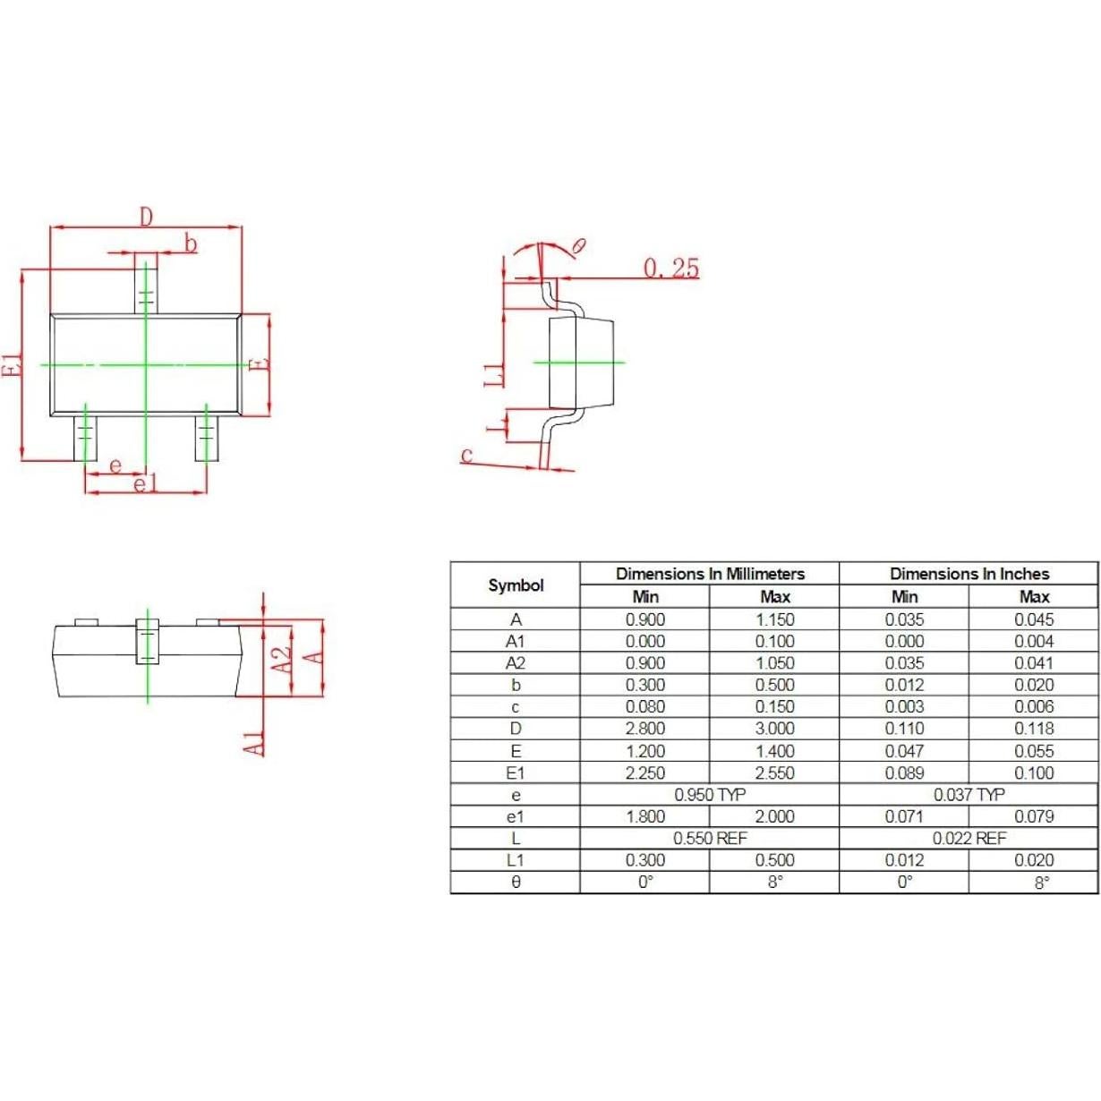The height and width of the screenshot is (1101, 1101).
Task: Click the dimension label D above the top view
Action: coord(146,216)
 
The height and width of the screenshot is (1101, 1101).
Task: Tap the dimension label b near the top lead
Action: coord(190,243)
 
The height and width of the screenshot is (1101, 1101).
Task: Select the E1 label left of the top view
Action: coord(12,364)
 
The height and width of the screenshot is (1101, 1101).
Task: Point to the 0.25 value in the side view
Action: coord(670,268)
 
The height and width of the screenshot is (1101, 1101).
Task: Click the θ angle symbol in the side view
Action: coord(578,245)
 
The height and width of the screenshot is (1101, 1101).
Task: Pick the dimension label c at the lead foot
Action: coord(466,455)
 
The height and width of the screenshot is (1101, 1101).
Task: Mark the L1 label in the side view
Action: coord(494,373)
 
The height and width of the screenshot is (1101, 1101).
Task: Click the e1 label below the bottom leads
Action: coord(144,484)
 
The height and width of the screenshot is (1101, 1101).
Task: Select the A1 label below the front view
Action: coord(254,741)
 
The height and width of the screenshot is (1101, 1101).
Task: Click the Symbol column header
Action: coord(516,585)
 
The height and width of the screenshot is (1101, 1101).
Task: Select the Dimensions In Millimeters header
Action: coord(710,574)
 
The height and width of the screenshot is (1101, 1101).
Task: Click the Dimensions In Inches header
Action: coord(969,574)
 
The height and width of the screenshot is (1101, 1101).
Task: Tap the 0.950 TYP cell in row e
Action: coord(710,795)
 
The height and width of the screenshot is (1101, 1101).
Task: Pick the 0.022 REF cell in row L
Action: coord(969,839)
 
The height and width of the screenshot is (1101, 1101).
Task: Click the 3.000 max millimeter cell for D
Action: coord(774,729)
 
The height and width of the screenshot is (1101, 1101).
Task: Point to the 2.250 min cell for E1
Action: coord(644,773)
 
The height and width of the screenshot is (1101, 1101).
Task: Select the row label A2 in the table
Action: coord(516,663)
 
